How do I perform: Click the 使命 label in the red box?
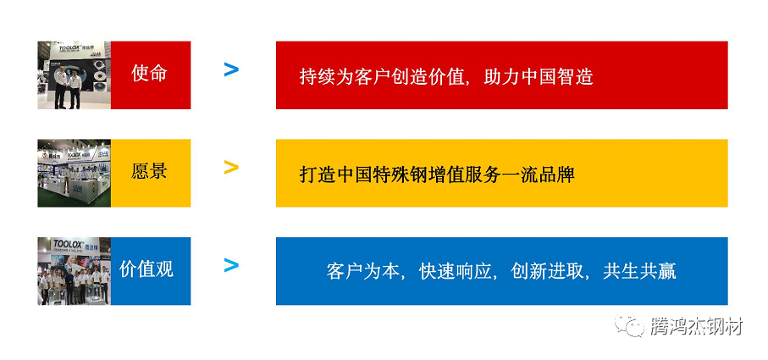point(150,74)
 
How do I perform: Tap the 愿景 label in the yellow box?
point(150,172)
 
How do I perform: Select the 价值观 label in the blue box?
point(146,270)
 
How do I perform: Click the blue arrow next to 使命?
point(231,70)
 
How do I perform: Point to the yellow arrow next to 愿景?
point(231,168)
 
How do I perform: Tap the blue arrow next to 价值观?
point(231,266)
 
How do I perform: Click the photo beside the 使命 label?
point(74,75)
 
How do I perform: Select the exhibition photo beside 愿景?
point(74,173)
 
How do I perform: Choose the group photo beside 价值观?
point(74,271)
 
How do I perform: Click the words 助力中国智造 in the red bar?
point(539,77)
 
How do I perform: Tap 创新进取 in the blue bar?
point(548,273)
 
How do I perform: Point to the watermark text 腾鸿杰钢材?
point(696,326)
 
